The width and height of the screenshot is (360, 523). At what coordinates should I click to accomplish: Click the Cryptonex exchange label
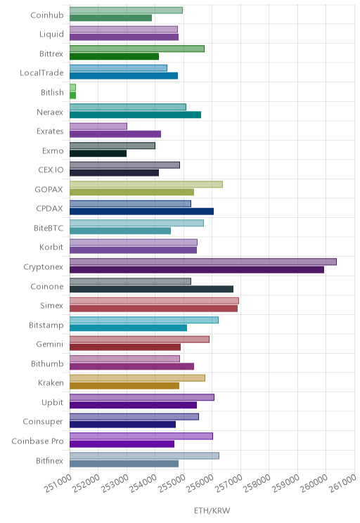[x=43, y=267]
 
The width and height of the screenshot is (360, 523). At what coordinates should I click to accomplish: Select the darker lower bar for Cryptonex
[x=197, y=270]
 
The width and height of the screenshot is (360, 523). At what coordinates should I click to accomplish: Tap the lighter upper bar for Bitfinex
[x=144, y=456]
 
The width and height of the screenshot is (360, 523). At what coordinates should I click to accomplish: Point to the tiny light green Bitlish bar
[x=72, y=87]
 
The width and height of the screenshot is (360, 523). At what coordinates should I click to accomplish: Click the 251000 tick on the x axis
[x=58, y=483]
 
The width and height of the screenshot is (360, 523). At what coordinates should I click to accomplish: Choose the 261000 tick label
[x=342, y=483]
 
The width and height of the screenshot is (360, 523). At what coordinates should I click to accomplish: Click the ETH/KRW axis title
[x=212, y=510]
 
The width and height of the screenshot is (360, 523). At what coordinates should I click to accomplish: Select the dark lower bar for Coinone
[x=151, y=289]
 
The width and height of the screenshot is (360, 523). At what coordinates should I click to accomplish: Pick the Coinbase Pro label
[x=37, y=441]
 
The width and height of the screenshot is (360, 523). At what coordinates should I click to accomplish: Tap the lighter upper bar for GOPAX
[x=146, y=184]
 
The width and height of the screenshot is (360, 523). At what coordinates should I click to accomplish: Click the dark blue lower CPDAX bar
[x=141, y=212]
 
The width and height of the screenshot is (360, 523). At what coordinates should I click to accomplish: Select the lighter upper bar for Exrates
[x=98, y=126]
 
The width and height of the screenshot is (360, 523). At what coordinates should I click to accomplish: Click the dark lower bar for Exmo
[x=98, y=153]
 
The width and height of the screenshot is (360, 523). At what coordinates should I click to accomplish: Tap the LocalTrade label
[x=41, y=72]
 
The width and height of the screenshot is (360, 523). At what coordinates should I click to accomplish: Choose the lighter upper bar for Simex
[x=154, y=301]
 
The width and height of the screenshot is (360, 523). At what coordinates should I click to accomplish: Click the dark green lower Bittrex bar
[x=114, y=56]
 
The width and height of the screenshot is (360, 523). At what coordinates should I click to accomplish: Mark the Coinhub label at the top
[x=46, y=15]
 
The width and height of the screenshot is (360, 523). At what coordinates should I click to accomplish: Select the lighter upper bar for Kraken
[x=137, y=378]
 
